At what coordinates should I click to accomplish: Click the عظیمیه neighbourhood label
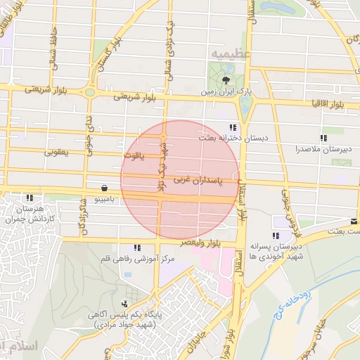[226, 53]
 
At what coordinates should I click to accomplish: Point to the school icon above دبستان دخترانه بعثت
[232, 127]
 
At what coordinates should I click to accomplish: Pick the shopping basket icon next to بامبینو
[105, 188]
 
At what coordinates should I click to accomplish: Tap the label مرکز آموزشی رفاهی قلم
[137, 259]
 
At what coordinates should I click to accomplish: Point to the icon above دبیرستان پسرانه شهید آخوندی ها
[274, 236]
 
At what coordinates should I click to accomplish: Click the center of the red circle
[180, 180]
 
